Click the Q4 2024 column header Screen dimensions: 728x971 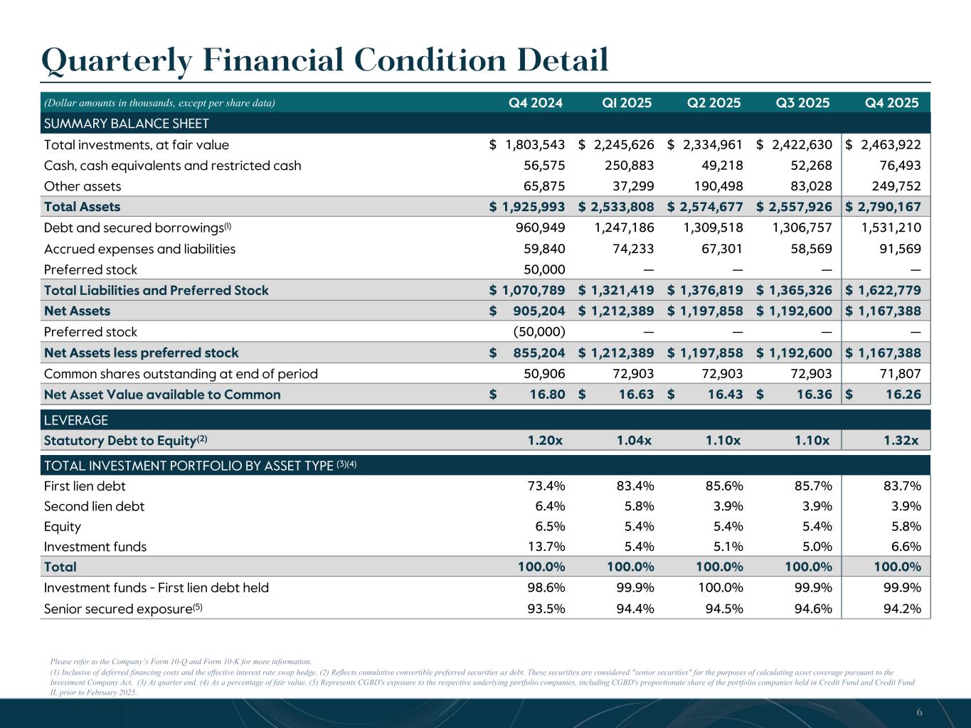tap(536, 102)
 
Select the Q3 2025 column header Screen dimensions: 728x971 tap(802, 102)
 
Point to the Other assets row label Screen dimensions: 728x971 tap(83, 186)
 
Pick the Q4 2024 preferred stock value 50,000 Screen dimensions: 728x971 tap(539, 269)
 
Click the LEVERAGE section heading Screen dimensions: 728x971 tap(76, 420)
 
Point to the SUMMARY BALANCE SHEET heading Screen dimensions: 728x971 tap(127, 124)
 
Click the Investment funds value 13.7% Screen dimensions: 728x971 tap(546, 547)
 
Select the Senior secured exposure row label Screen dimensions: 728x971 tap(119, 609)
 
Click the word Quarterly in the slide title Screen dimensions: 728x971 tap(117, 60)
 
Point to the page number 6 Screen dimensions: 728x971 tap(919, 712)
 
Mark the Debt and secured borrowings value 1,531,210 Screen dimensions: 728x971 tap(891, 227)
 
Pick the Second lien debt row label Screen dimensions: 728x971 tap(94, 506)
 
